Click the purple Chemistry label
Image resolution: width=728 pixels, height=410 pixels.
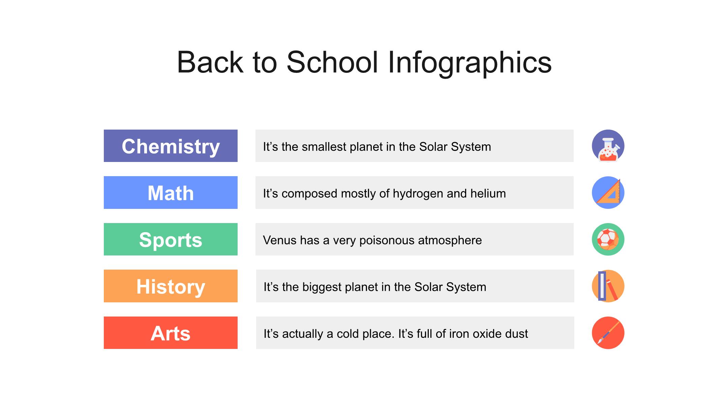coord(171,146)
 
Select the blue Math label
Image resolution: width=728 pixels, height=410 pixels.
coord(171,192)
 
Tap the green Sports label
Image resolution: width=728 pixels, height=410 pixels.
coord(171,239)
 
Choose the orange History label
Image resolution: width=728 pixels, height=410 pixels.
coord(171,286)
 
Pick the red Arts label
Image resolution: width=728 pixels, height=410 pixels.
coord(171,333)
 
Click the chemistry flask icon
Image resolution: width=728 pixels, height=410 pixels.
coord(608,146)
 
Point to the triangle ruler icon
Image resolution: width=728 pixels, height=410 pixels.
coord(608,192)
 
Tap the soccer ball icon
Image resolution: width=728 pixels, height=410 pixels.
coord(608,239)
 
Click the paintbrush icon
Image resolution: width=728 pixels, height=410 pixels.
coord(608,333)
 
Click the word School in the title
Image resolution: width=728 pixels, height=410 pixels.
coord(332,62)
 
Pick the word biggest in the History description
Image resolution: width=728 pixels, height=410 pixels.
coord(324,287)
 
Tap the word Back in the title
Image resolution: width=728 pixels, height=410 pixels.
coord(210,62)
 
